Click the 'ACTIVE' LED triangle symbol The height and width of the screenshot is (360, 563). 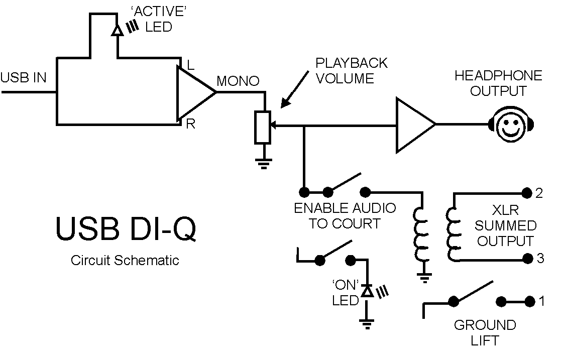pyautogui.click(x=117, y=30)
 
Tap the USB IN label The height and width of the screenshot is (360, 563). pyautogui.click(x=24, y=77)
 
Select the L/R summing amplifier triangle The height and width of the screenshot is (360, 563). pyautogui.click(x=196, y=92)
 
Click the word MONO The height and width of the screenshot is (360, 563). pyautogui.click(x=238, y=81)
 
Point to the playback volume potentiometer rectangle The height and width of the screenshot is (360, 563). pyautogui.click(x=263, y=128)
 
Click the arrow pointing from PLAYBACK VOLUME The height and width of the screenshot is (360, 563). pyautogui.click(x=294, y=89)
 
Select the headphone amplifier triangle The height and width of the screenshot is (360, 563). pyautogui.click(x=416, y=125)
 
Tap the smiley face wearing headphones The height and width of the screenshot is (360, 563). pyautogui.click(x=511, y=124)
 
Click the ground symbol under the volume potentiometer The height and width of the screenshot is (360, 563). pyautogui.click(x=264, y=164)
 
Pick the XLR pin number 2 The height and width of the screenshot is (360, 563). pyautogui.click(x=538, y=193)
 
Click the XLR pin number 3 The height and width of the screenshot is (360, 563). pyautogui.click(x=540, y=259)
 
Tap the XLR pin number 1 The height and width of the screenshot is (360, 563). pyautogui.click(x=542, y=301)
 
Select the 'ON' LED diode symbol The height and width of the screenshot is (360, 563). pyautogui.click(x=367, y=291)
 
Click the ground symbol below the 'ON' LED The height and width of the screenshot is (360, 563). pyautogui.click(x=367, y=324)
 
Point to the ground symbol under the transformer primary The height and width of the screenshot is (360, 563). pyautogui.click(x=424, y=278)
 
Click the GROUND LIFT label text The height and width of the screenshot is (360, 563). pyautogui.click(x=485, y=333)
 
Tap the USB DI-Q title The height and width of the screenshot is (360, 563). pyautogui.click(x=126, y=228)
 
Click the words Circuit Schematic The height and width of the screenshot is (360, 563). pyautogui.click(x=125, y=260)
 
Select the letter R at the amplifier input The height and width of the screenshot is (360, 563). pyautogui.click(x=191, y=124)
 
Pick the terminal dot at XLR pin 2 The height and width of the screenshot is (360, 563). pyautogui.click(x=527, y=193)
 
